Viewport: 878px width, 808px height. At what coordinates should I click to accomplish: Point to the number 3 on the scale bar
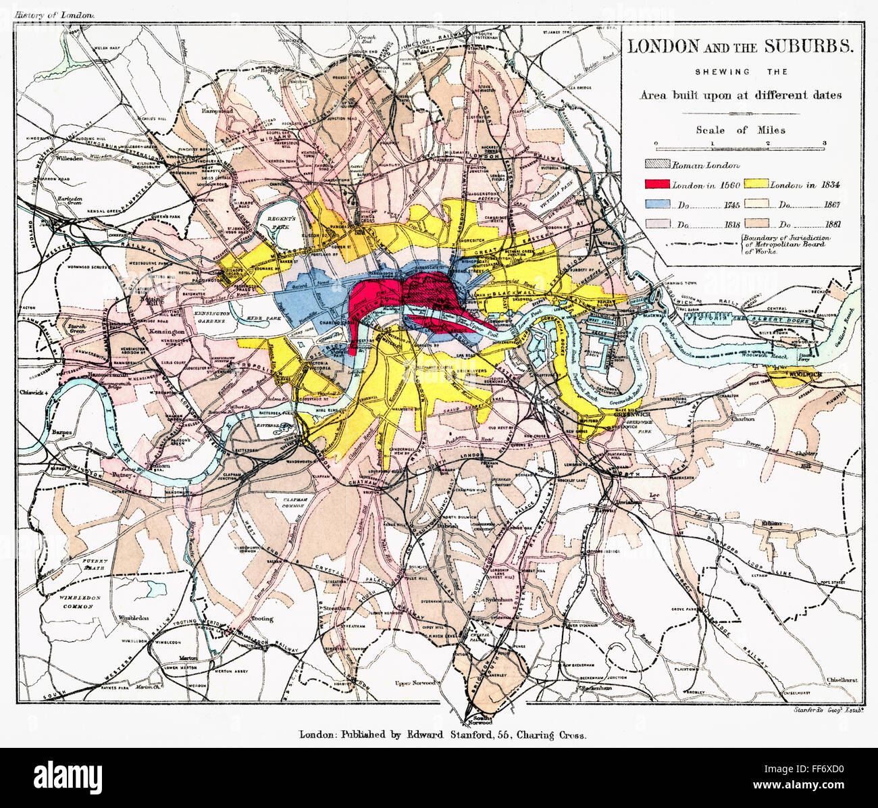[824, 143]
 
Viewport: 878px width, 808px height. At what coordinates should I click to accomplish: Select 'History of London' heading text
[56, 14]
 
